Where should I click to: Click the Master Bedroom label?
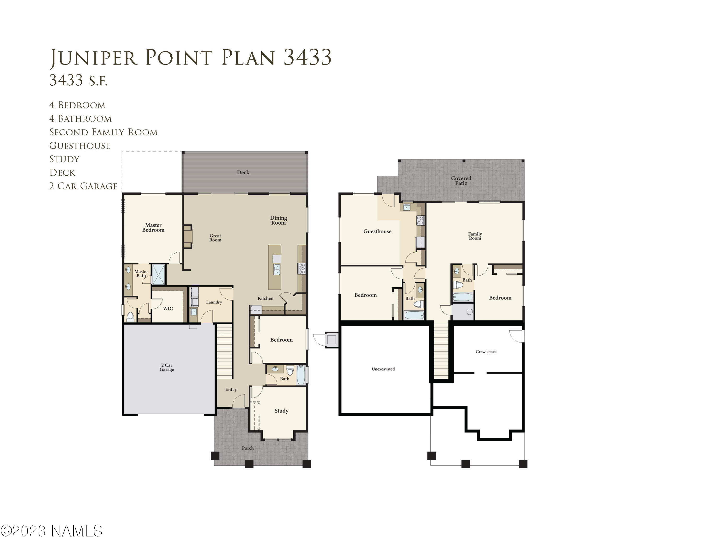pos(153,228)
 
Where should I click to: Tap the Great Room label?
pos(215,238)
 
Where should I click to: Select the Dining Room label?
pos(278,220)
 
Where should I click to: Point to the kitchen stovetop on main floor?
pos(302,268)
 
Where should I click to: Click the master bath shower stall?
pos(158,274)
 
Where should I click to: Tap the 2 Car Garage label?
pos(167,367)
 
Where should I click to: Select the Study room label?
pos(281,411)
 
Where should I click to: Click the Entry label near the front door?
pos(231,389)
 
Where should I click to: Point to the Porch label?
pos(248,448)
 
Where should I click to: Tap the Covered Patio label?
pos(461,181)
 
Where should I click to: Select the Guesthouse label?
pos(377,231)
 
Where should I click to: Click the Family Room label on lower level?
pos(475,236)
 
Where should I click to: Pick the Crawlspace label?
pos(486,352)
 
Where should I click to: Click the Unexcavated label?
pos(383,369)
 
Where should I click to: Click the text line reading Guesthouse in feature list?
pos(80,146)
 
